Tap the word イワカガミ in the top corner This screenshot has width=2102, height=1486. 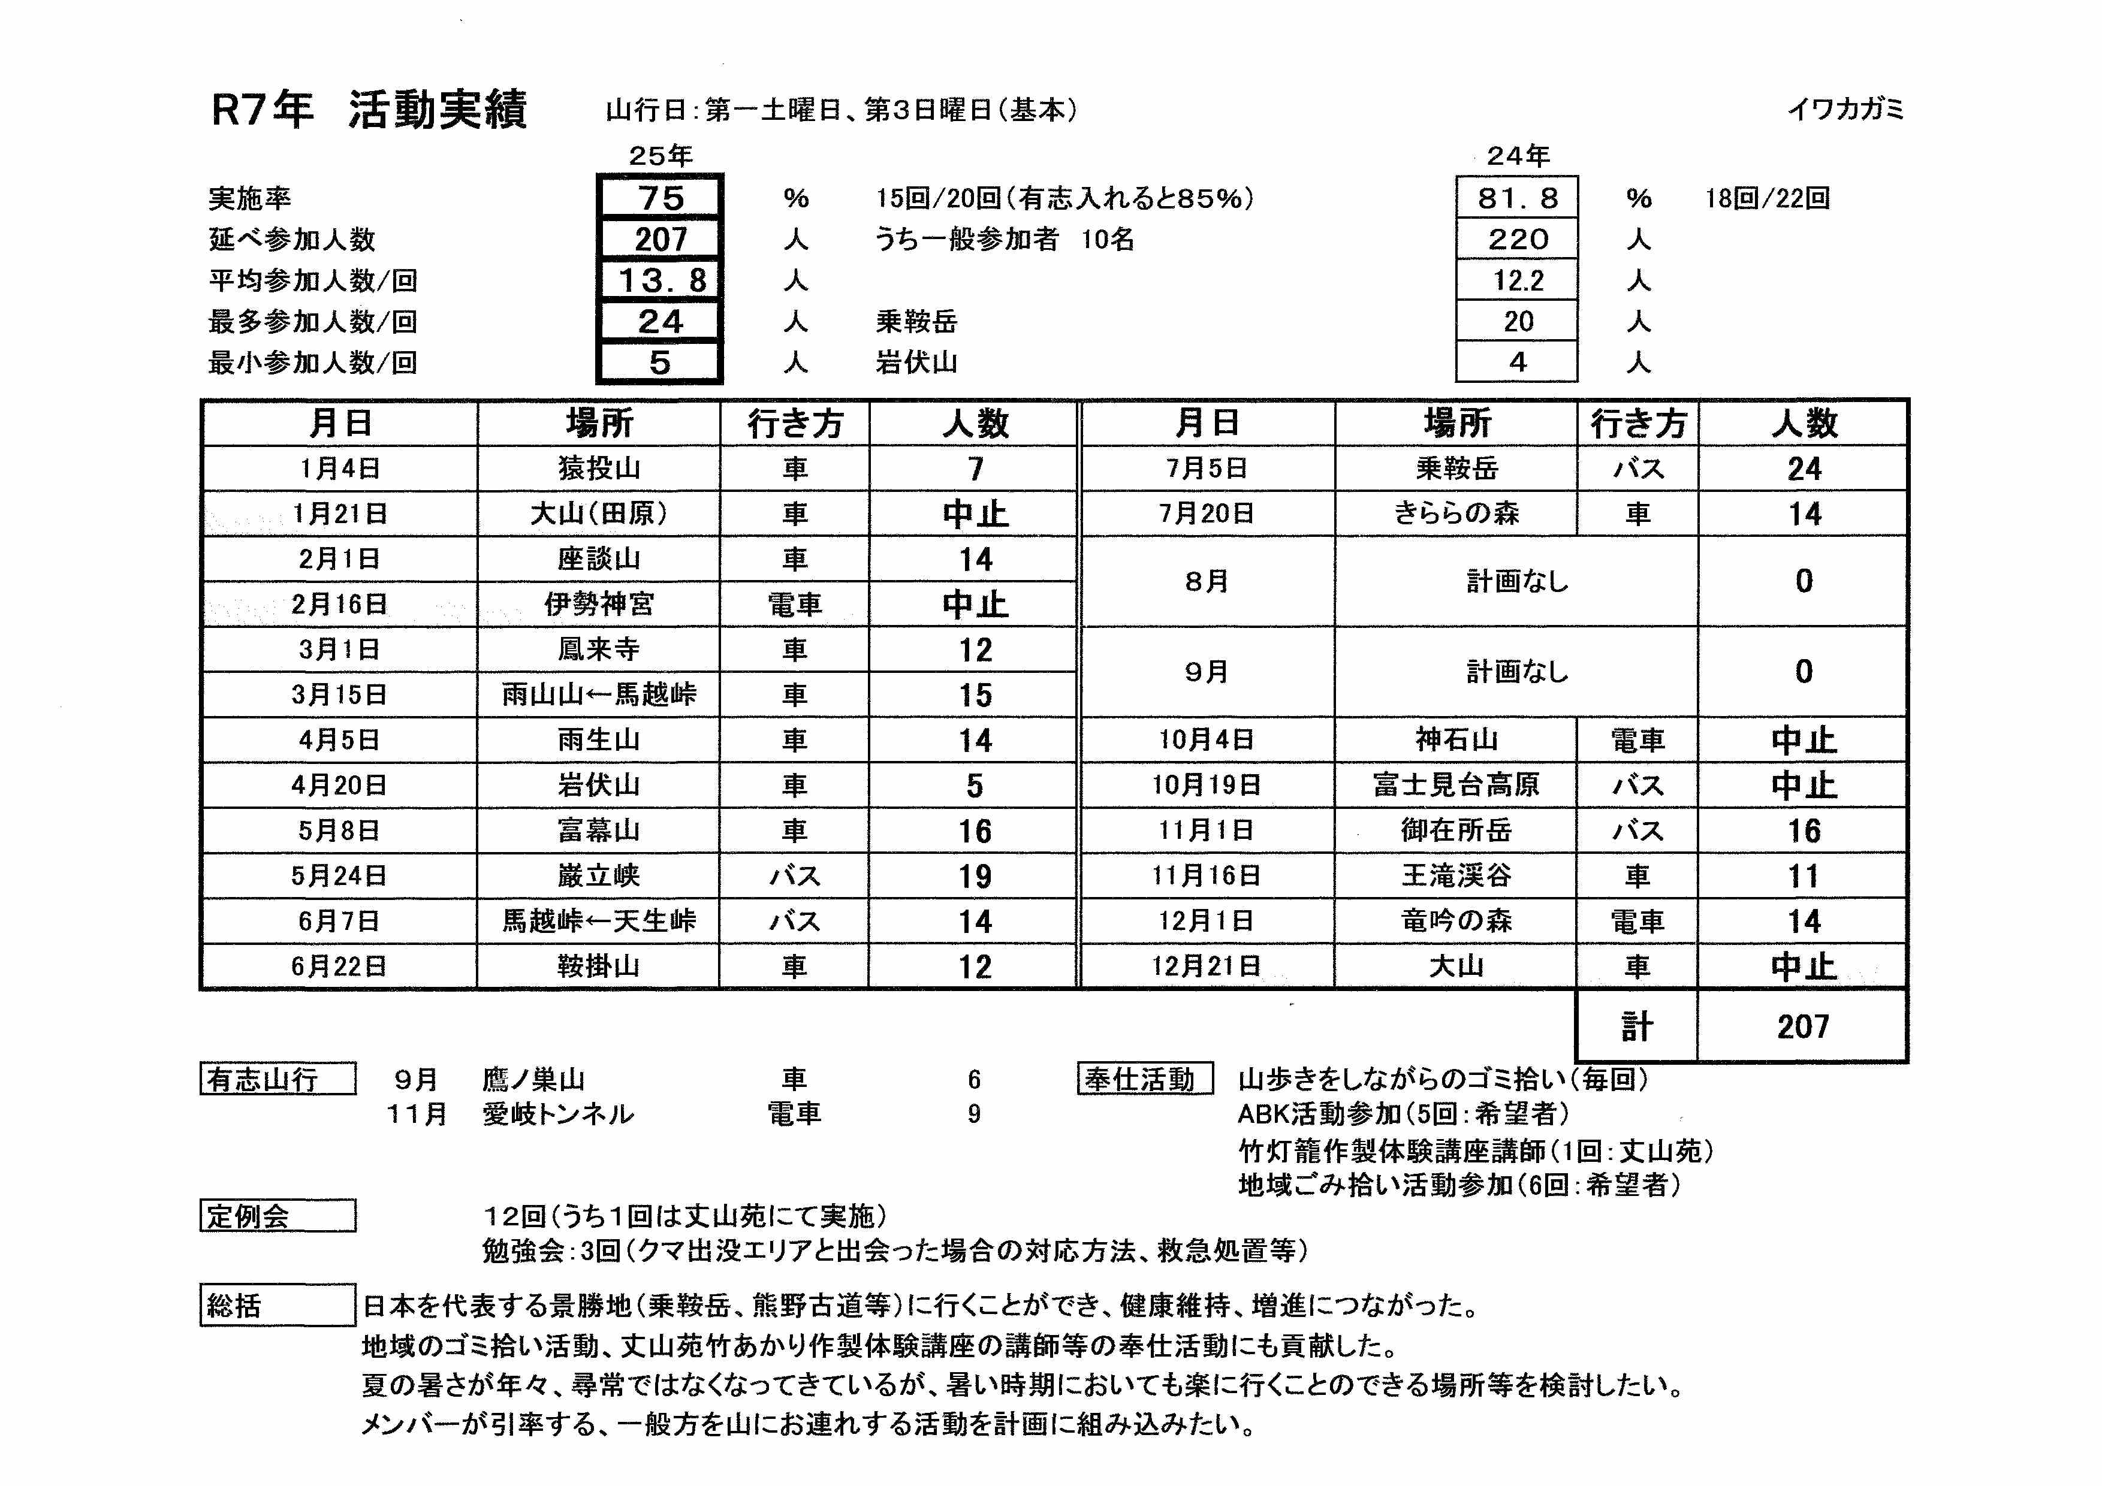(1845, 110)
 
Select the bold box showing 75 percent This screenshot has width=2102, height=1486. (660, 198)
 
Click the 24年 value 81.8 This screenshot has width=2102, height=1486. (1517, 198)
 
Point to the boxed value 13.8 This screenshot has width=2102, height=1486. (660, 280)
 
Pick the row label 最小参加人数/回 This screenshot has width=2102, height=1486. (312, 363)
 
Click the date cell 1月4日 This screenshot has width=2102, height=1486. (340, 469)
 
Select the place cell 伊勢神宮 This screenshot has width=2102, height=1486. (599, 604)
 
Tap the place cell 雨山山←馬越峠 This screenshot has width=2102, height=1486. (599, 694)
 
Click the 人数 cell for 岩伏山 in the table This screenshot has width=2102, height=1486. (974, 785)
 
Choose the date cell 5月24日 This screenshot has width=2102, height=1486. (340, 875)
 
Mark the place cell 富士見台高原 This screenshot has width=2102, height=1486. (1456, 785)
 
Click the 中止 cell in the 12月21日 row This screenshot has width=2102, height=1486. (1803, 966)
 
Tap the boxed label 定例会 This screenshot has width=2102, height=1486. (278, 1216)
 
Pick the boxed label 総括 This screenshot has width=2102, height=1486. (278, 1305)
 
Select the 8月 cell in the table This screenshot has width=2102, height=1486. (1207, 581)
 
